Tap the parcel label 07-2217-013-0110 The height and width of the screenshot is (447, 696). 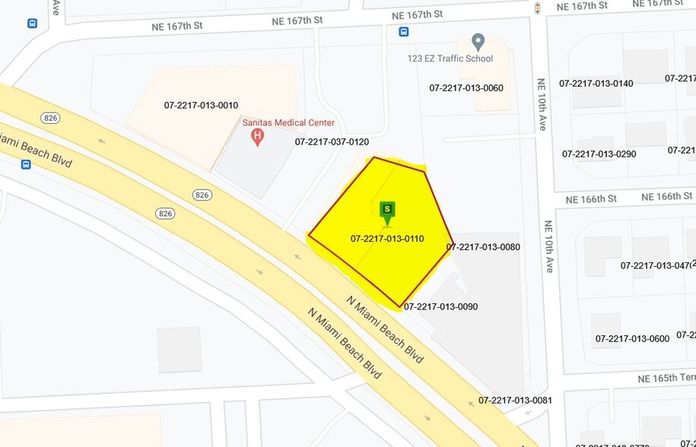point(387,239)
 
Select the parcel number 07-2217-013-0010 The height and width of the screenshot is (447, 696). point(201,106)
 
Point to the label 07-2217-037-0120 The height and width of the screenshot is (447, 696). point(332,142)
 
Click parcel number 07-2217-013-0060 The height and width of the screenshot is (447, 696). point(466,88)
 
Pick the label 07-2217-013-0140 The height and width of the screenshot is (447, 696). point(596,84)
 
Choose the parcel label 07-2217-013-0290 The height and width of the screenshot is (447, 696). point(599,154)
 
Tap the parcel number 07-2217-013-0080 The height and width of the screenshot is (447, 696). point(483,247)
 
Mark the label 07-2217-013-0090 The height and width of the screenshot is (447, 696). point(440,307)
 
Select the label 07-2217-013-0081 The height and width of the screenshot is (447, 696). point(515,401)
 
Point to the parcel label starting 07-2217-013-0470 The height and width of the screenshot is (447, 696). point(656,266)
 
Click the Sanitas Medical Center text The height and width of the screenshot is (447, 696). point(288,123)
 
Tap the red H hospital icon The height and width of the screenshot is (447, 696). point(258,138)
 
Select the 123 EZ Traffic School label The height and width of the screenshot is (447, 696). point(450,59)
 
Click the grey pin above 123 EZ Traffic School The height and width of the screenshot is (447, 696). point(478,41)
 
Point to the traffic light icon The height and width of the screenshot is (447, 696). point(538,8)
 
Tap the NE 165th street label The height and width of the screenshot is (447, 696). point(666,379)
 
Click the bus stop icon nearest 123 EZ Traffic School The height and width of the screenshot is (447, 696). point(403,32)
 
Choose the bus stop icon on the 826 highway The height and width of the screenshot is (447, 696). point(26,164)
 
